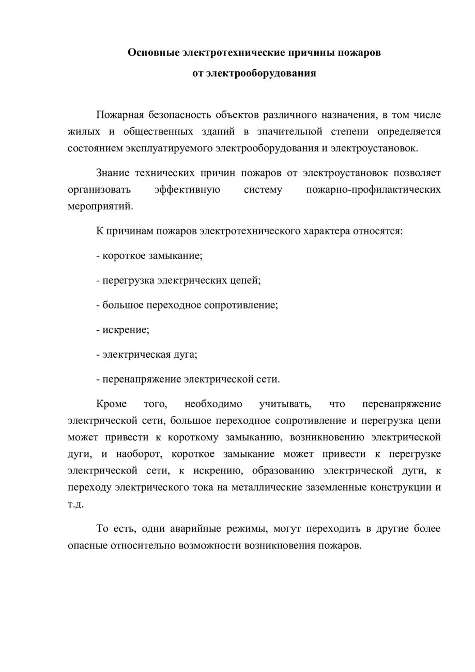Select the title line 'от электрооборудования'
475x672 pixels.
(x=254, y=73)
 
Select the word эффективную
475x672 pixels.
(x=188, y=189)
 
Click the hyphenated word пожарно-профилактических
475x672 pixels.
(x=373, y=189)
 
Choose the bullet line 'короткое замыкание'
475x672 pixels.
(x=149, y=255)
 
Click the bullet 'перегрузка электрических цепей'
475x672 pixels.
(x=178, y=280)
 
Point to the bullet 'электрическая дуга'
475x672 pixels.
(x=147, y=355)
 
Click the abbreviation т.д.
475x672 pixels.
(x=75, y=503)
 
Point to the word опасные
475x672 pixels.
(x=86, y=546)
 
